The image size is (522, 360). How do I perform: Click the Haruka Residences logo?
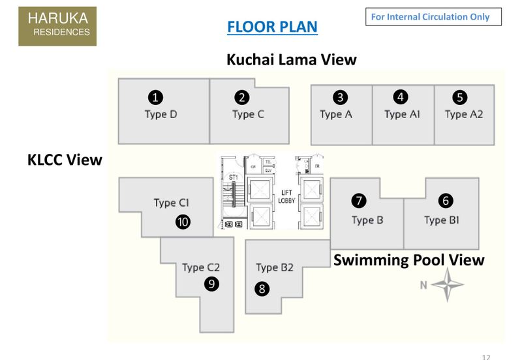tap(57, 26)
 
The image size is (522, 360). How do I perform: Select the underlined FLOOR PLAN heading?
tap(272, 27)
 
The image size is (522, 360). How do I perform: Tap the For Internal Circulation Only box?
tap(433, 17)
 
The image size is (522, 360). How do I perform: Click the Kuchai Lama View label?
tap(291, 59)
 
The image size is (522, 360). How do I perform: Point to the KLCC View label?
tap(65, 160)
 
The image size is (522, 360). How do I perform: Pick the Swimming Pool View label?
tap(408, 260)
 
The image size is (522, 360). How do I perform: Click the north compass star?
tap(447, 285)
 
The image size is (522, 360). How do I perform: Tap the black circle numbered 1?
tap(155, 98)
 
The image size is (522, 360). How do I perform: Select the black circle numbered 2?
tap(242, 98)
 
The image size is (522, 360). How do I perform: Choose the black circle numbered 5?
tap(460, 98)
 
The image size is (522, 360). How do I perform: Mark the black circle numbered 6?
tap(446, 201)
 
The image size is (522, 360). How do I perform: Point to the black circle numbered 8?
tap(262, 288)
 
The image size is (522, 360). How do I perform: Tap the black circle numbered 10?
tap(183, 222)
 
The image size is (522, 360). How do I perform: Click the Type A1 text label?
tap(403, 114)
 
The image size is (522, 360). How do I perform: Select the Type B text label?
tap(367, 220)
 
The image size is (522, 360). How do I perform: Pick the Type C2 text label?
tap(201, 267)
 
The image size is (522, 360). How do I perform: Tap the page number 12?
tap(486, 356)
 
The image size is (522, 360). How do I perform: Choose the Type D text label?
tap(161, 114)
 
